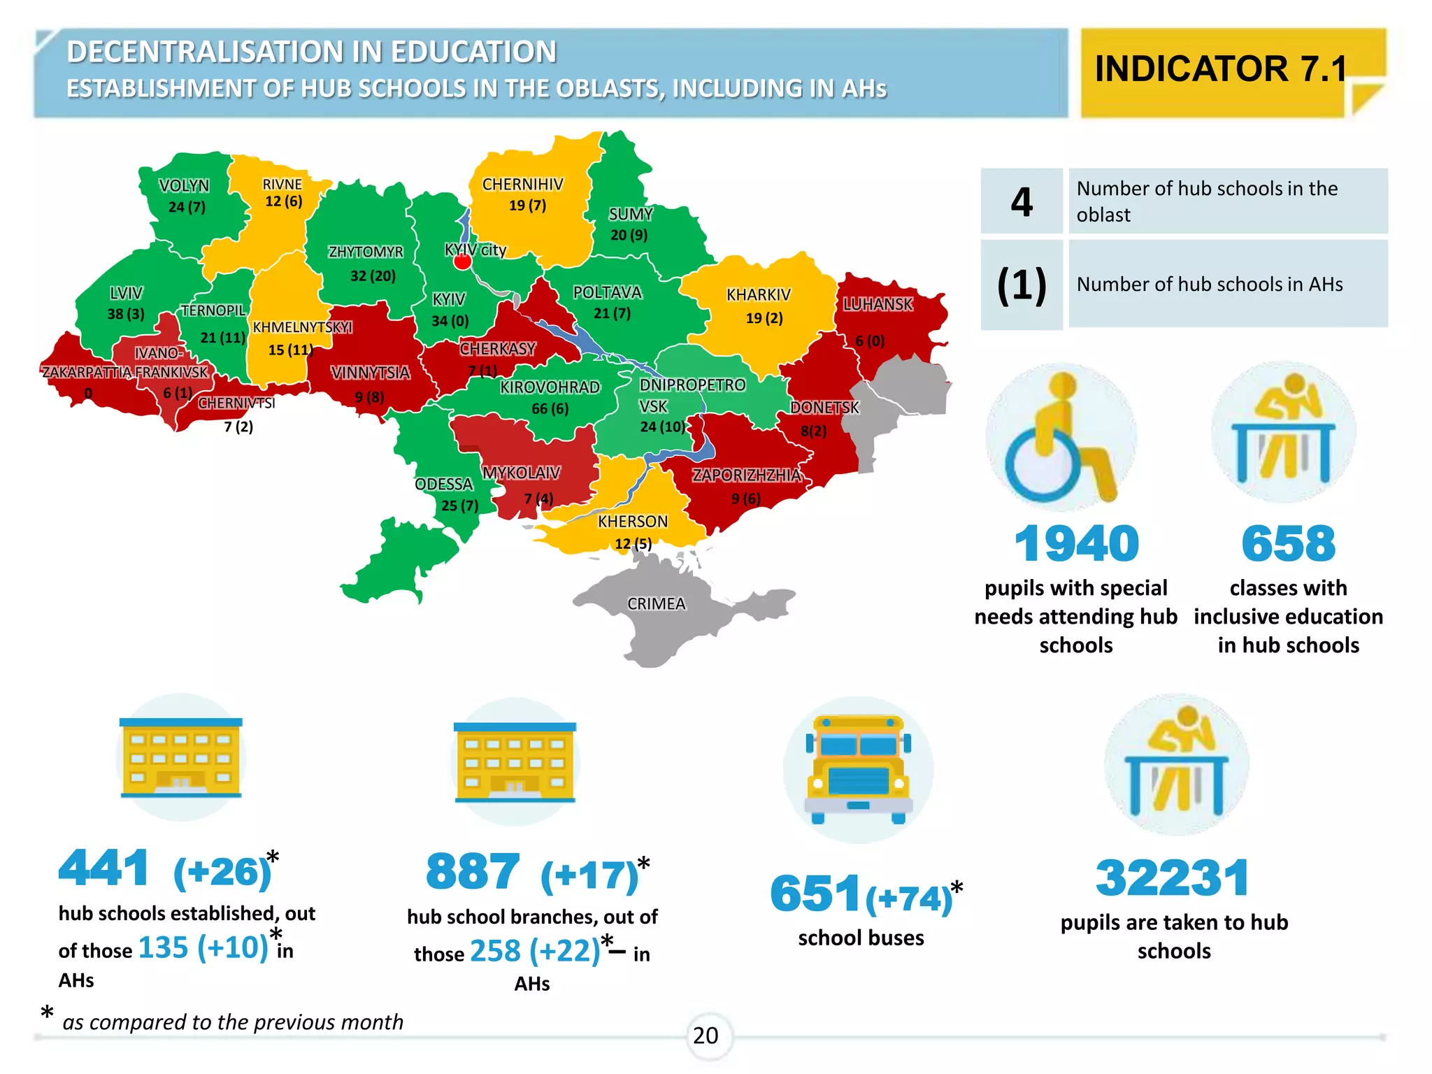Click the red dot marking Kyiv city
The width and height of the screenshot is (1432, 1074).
coord(462,262)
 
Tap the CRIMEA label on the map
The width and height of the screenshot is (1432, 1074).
coord(656,603)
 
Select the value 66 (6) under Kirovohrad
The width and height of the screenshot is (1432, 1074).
coord(550,408)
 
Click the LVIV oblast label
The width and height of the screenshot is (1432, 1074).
coord(126,293)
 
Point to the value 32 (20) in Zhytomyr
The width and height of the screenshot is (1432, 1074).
coord(373,275)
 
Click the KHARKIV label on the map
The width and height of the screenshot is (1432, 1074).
coord(758,294)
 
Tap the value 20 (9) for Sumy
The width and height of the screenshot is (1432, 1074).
coord(629,235)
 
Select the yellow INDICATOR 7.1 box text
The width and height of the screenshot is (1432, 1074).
coord(1220,69)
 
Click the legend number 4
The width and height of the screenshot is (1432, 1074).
coord(1022,202)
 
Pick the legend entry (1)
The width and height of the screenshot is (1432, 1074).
coord(1022,285)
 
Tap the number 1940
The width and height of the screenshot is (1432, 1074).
coord(1076,544)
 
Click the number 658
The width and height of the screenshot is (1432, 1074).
coord(1288,544)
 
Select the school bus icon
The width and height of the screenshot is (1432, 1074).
coord(859,769)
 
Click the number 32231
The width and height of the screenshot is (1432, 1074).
coord(1173,878)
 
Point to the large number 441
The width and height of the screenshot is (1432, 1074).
coord(103,868)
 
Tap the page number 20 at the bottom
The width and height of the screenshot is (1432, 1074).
coord(706,1036)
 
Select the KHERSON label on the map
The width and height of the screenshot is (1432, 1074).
coord(632,522)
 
